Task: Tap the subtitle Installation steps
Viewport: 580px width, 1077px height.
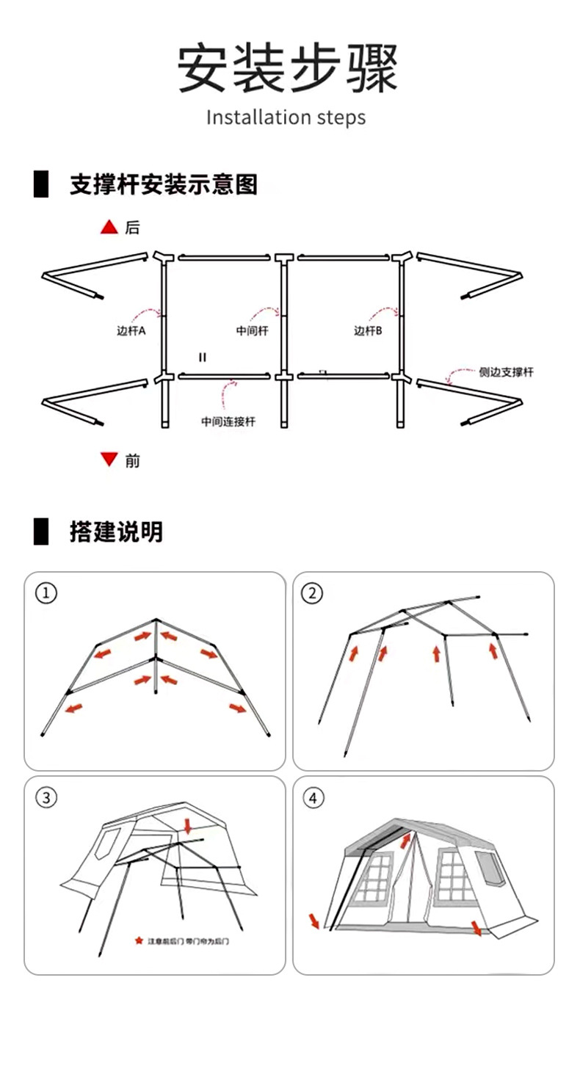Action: tap(286, 117)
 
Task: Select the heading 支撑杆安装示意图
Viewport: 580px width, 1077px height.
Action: tap(164, 184)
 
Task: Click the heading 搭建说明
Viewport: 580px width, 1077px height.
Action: tap(116, 532)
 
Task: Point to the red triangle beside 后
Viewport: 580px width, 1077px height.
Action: tap(109, 228)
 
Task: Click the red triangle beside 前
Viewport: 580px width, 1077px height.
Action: tap(109, 460)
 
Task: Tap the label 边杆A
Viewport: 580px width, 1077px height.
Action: tap(131, 331)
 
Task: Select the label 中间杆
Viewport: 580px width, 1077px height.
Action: tap(252, 331)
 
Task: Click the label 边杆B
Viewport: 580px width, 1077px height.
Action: tap(369, 331)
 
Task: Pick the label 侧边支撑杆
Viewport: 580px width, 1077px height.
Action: tap(506, 372)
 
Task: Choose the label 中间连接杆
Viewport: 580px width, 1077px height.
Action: tap(228, 421)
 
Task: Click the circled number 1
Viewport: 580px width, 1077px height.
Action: tap(46, 593)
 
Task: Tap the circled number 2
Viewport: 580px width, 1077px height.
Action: tap(312, 593)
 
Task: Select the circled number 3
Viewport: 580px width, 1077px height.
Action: tap(46, 797)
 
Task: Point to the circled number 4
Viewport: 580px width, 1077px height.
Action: tap(312, 797)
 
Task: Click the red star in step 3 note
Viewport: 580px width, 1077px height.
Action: tap(138, 940)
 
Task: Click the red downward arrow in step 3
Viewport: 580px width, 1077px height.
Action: tap(188, 827)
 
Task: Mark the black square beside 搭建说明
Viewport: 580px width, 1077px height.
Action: tap(40, 532)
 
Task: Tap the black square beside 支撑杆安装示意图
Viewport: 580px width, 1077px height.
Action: tap(40, 184)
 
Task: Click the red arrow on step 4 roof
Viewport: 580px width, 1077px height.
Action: tap(406, 838)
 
